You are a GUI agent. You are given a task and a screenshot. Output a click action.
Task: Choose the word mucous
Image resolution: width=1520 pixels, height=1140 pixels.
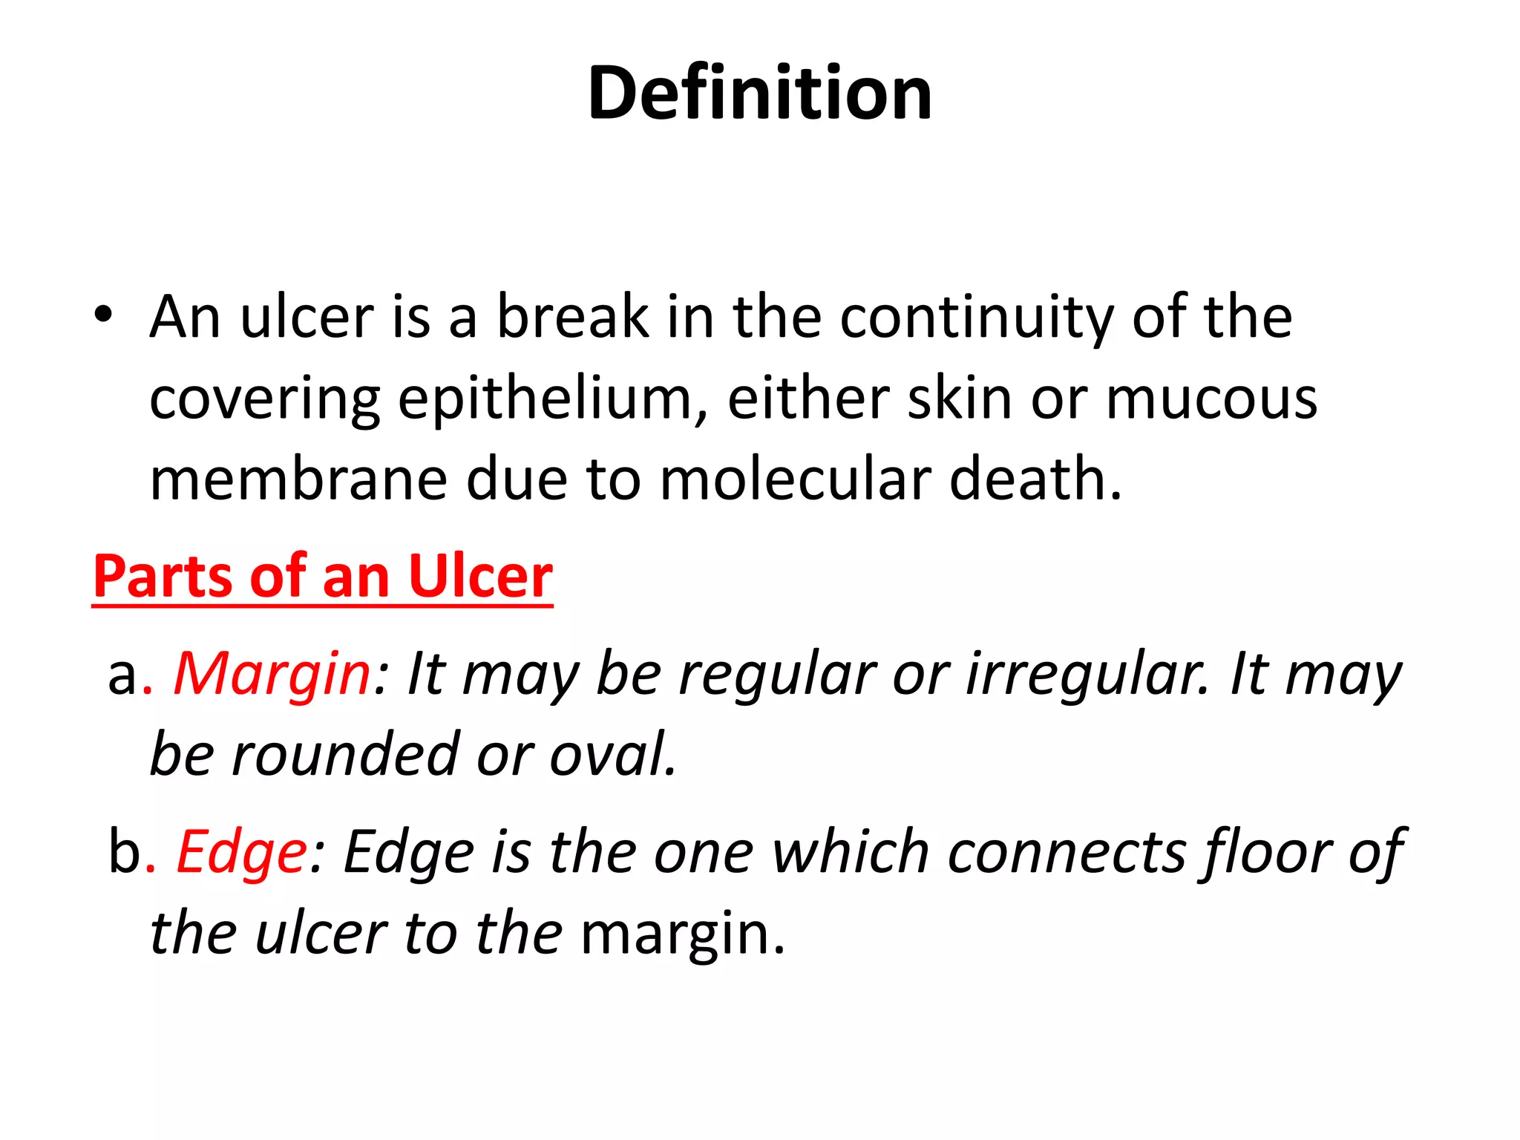pyautogui.click(x=1211, y=399)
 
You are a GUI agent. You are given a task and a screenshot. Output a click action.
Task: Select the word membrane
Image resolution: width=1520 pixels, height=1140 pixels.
pyautogui.click(x=298, y=479)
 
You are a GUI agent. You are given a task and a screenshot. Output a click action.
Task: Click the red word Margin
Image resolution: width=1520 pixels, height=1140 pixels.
pyautogui.click(x=272, y=675)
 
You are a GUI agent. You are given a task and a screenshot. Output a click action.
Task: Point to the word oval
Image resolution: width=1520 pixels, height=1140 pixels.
pyautogui.click(x=613, y=755)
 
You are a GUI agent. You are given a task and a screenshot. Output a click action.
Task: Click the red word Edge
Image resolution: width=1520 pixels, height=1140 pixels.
pyautogui.click(x=242, y=853)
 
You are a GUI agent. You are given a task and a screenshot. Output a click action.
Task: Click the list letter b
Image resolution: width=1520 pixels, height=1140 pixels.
pyautogui.click(x=124, y=853)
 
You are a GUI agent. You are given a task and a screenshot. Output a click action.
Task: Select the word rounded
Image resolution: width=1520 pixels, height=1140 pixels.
pyautogui.click(x=345, y=755)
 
